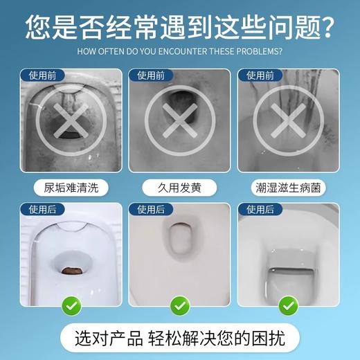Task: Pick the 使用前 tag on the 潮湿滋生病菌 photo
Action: click(x=256, y=74)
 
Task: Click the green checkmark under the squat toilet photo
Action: click(x=71, y=303)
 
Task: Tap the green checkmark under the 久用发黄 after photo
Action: click(x=179, y=303)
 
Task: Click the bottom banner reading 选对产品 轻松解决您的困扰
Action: click(x=179, y=337)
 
